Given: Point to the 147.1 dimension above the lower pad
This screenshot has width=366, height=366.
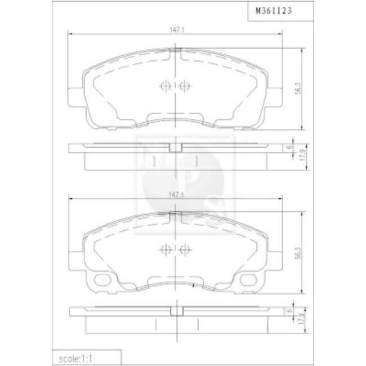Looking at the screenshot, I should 177,194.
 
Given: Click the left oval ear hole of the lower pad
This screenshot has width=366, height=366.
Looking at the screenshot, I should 104,280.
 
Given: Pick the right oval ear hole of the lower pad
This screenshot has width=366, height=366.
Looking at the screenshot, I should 247,280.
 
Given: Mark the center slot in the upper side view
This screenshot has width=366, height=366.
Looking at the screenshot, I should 176,148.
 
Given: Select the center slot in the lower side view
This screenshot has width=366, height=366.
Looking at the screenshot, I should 176,311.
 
